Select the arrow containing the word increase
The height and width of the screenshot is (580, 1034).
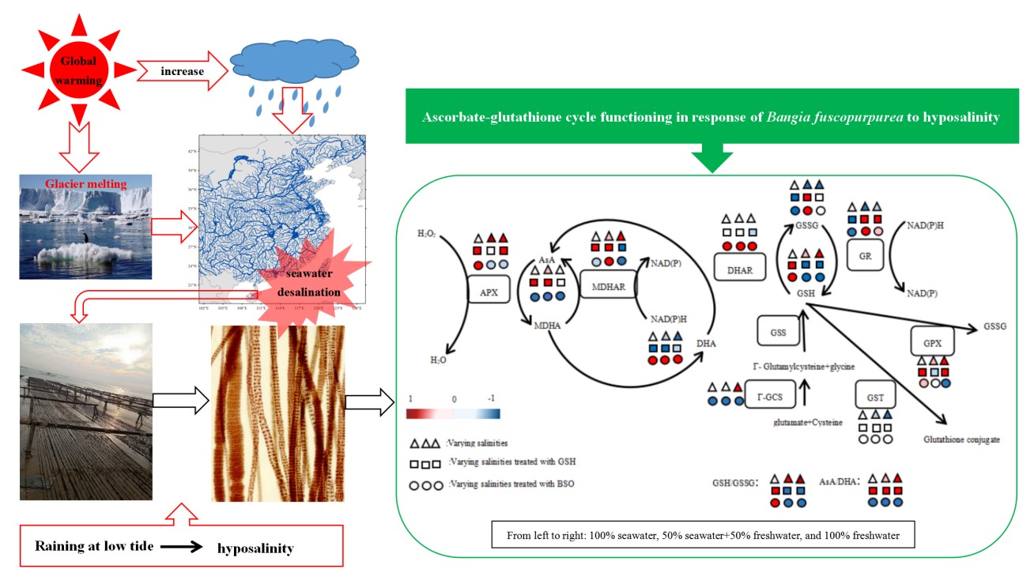(x=183, y=72)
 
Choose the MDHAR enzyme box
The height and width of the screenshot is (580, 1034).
(x=609, y=286)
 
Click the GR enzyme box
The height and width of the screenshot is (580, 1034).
(x=864, y=257)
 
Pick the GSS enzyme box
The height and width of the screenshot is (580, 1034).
(x=777, y=332)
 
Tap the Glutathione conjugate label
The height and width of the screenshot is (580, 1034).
(x=960, y=439)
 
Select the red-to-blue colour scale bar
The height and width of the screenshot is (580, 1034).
(x=453, y=413)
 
